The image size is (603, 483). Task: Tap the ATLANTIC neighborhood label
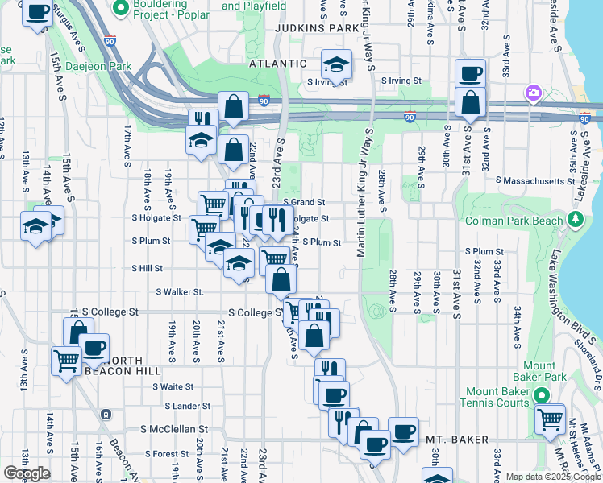278,63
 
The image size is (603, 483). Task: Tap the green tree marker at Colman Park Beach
576,219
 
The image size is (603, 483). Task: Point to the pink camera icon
533,93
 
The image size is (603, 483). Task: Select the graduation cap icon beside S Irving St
336,64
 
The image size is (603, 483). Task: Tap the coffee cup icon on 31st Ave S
469,73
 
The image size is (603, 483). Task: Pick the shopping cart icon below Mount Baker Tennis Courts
550,419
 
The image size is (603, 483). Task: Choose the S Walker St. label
180,291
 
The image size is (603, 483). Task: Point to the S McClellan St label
174,430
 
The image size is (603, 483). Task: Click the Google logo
27,473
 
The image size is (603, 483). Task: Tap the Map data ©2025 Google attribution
552,477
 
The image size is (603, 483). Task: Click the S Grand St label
304,202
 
